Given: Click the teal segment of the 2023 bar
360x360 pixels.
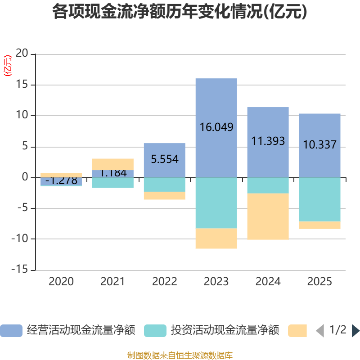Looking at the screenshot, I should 216,203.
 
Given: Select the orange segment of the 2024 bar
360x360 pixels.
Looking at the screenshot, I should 268,216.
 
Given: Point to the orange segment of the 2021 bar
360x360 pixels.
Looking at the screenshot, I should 112,164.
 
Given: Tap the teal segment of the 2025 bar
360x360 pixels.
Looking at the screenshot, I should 319,199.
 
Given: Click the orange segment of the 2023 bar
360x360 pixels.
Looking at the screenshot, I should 216,238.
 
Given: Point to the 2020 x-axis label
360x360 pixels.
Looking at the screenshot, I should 61,282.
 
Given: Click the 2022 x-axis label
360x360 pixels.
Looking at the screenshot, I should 164,282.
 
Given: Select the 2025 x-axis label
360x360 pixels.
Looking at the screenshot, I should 319,282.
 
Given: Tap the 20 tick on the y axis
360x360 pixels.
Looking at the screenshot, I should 22,54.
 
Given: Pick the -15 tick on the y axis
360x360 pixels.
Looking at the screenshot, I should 20,270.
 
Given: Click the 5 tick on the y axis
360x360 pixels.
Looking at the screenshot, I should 25,147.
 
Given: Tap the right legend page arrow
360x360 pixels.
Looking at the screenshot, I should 355,330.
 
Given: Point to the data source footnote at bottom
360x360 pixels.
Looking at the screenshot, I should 180,355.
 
